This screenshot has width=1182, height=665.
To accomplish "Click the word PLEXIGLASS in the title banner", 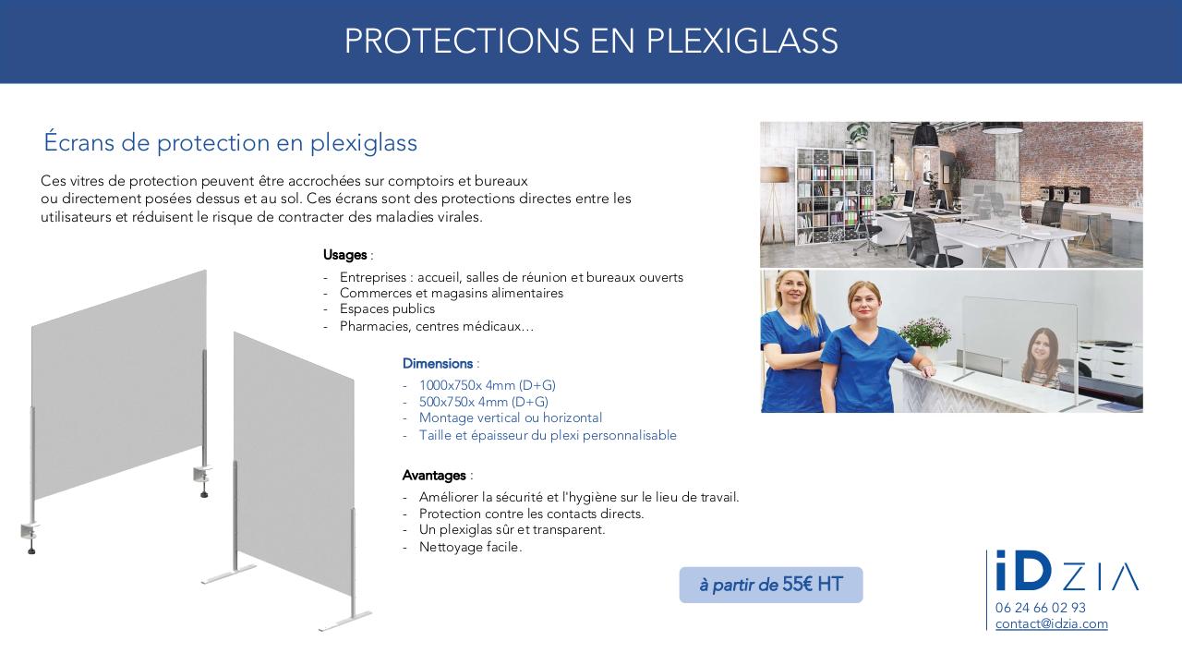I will [742, 42].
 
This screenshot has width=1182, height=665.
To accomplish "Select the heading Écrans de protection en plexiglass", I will [231, 143].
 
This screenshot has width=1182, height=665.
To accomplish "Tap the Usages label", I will [345, 255].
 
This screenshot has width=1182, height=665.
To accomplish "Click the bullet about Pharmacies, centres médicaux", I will [436, 326].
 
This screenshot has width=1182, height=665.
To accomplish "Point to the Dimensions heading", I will [438, 364].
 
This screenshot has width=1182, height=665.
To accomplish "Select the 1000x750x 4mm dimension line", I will [487, 385].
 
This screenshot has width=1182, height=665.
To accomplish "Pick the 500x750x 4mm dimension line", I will [483, 402].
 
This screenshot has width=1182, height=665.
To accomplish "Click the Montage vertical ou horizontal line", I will [510, 418].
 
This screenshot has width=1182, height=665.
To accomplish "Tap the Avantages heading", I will [434, 476].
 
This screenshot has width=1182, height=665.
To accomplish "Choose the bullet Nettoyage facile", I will [470, 547].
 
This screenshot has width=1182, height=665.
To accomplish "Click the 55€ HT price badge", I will [770, 585].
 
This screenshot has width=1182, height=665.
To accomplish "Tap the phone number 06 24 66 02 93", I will [1041, 608].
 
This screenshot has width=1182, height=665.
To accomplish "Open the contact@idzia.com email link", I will [1051, 623].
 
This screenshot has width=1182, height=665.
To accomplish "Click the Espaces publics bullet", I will [387, 309].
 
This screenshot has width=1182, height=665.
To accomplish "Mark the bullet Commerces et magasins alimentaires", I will [451, 294].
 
